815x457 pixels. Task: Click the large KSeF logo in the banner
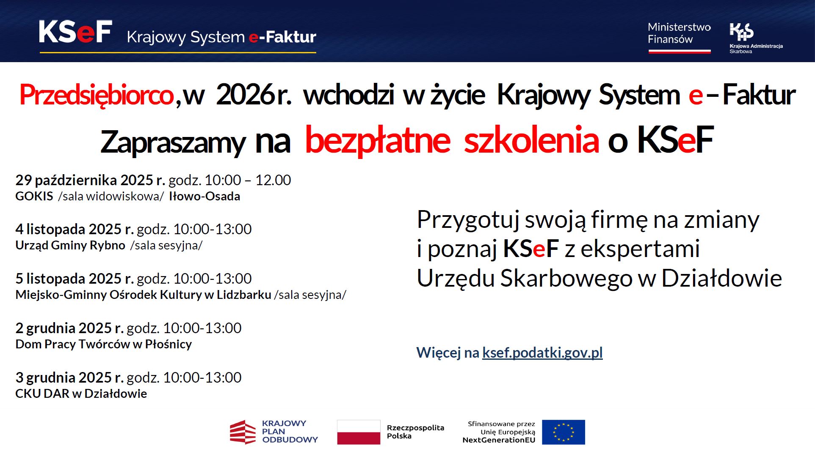pyautogui.click(x=75, y=32)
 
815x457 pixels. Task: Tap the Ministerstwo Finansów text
pyautogui.click(x=679, y=33)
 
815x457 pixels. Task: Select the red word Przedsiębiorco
pyautogui.click(x=97, y=95)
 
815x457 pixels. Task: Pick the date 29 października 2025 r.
pyautogui.click(x=90, y=180)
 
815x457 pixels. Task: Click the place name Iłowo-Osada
pyautogui.click(x=204, y=196)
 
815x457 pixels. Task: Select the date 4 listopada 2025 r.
pyautogui.click(x=75, y=229)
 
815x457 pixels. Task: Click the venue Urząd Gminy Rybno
pyautogui.click(x=70, y=245)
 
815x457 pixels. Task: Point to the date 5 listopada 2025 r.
pyautogui.click(x=75, y=279)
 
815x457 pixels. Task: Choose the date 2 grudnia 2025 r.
pyautogui.click(x=69, y=328)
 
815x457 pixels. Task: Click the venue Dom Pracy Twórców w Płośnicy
pyautogui.click(x=104, y=344)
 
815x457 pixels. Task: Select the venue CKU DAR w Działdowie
pyautogui.click(x=81, y=394)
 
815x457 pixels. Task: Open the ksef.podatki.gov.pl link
pyautogui.click(x=542, y=353)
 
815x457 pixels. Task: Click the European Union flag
pyautogui.click(x=564, y=432)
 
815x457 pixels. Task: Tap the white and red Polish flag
pyautogui.click(x=359, y=432)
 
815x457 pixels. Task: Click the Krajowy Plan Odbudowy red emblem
pyautogui.click(x=243, y=432)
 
